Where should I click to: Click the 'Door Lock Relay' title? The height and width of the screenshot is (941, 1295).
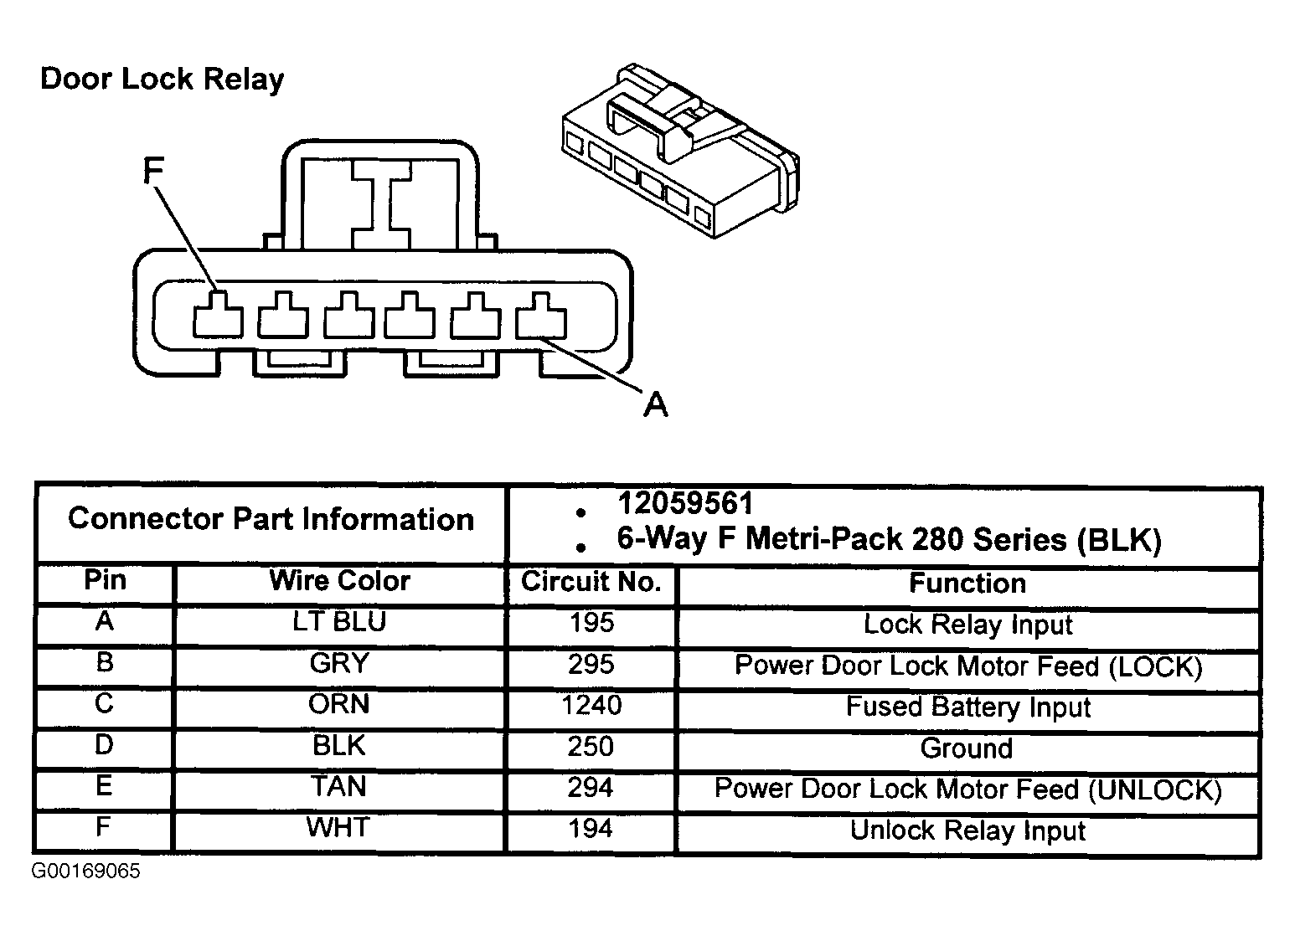tap(162, 80)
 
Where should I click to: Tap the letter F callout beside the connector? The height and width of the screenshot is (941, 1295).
tap(153, 171)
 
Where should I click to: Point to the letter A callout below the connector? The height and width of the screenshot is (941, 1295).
tap(656, 404)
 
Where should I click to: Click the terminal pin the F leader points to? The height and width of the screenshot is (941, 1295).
tap(218, 315)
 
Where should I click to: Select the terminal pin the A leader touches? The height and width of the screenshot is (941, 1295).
tap(540, 316)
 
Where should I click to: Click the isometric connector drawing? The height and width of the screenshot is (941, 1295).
tap(680, 150)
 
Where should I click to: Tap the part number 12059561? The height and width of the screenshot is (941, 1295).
tap(685, 503)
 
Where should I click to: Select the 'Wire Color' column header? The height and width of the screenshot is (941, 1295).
tap(339, 580)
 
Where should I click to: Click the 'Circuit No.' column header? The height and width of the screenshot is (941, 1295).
tap(591, 581)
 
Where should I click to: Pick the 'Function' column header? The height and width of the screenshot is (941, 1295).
tap(967, 583)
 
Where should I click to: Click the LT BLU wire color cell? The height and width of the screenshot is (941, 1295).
tap(339, 621)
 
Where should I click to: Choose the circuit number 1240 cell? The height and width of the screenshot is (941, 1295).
tap(591, 705)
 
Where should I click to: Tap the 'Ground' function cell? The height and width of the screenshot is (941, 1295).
tap(967, 748)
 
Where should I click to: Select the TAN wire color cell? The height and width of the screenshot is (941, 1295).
tap(338, 786)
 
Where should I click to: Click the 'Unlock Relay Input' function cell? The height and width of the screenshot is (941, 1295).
tap(967, 830)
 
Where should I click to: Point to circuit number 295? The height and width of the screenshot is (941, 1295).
tap(591, 664)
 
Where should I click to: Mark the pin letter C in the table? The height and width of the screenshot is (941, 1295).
tap(104, 703)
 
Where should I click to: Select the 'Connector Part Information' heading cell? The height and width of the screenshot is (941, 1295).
tap(271, 518)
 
